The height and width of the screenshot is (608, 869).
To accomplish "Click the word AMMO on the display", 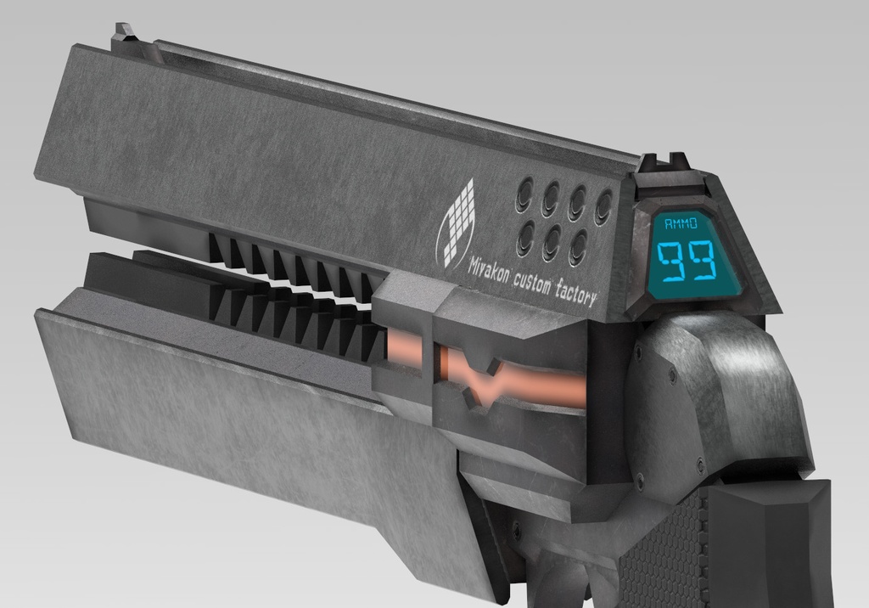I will [681, 224].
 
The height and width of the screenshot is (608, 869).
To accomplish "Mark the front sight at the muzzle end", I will [125, 35].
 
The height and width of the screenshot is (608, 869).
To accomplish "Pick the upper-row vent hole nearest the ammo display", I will [603, 205].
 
